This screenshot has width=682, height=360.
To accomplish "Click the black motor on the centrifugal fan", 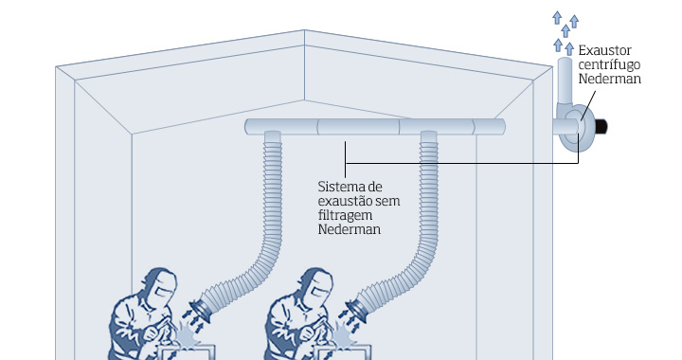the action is click(599, 126).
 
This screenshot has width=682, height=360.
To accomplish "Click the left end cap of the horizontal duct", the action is click(248, 127).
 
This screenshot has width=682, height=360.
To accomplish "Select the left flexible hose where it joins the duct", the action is click(273, 142).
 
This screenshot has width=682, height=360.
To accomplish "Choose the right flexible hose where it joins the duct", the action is click(429, 142).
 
